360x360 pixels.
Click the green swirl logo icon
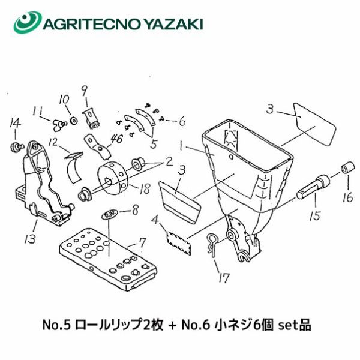(x=28, y=22)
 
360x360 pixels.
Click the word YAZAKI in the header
(x=174, y=24)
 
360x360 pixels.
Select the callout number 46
(x=116, y=139)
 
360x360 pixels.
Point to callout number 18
(x=145, y=189)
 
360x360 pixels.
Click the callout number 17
(x=224, y=278)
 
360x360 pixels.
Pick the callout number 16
(x=347, y=197)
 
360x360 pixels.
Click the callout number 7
(x=142, y=242)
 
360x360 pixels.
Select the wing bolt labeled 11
(x=59, y=125)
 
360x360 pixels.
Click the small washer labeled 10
(x=74, y=121)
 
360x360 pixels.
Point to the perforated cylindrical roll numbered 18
(x=112, y=178)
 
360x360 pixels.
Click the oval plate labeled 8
(x=110, y=215)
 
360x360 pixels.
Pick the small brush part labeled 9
(x=92, y=119)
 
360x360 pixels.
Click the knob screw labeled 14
(x=17, y=146)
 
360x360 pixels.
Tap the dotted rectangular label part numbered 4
(x=179, y=244)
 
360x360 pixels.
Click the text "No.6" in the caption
(x=196, y=325)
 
